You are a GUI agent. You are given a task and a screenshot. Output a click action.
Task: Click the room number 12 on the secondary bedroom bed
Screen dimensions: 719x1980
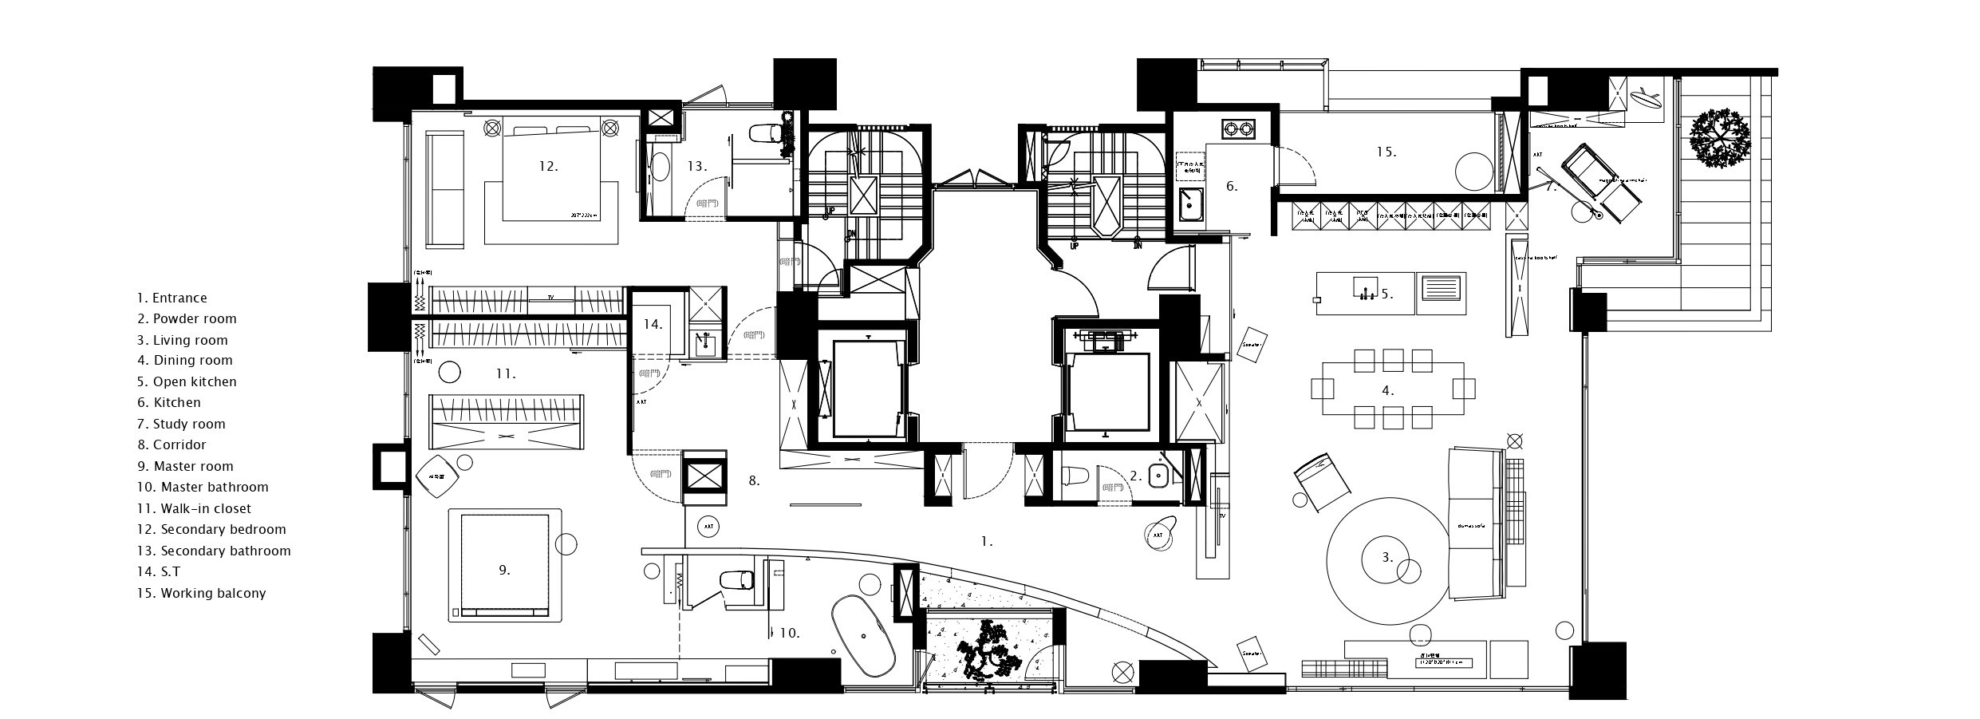click(548, 167)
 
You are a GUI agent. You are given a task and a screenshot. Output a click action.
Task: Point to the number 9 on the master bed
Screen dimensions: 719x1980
click(504, 570)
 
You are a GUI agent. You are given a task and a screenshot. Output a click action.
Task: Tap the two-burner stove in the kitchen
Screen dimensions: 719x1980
click(1236, 127)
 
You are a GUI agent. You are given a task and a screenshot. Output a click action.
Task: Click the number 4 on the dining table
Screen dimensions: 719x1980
click(1388, 390)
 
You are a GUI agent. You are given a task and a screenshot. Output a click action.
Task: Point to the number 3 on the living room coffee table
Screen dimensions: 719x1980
click(1387, 558)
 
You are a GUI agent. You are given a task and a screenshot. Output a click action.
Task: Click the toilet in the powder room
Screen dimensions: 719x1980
click(1076, 476)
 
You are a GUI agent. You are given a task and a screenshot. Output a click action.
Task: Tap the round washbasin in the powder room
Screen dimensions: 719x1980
click(1158, 477)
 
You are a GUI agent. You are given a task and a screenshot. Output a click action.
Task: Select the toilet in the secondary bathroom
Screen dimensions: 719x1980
click(765, 134)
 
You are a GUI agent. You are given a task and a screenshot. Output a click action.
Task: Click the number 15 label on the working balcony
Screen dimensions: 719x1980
click(1386, 151)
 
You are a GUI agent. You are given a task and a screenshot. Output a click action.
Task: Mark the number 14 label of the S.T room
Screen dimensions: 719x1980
click(653, 324)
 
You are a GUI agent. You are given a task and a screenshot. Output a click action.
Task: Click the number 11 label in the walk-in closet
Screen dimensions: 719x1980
click(506, 373)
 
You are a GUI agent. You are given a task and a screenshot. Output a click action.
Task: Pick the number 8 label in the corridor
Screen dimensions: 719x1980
click(754, 480)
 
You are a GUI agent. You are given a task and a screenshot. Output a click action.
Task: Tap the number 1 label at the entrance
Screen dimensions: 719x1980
click(987, 541)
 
